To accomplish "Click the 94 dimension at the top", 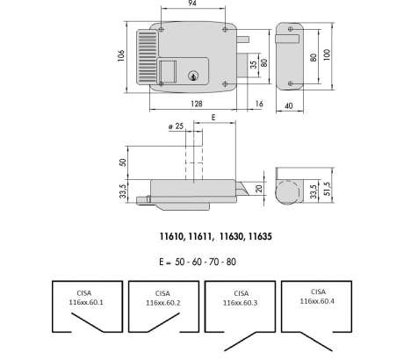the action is pyautogui.click(x=192, y=3).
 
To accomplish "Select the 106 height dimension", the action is pyautogui.click(x=121, y=55).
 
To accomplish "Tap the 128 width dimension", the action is pyautogui.click(x=197, y=104).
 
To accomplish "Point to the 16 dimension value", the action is pyautogui.click(x=259, y=104).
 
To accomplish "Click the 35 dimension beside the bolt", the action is pyautogui.click(x=254, y=64).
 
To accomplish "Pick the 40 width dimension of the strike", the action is pyautogui.click(x=289, y=105).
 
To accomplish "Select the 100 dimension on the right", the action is pyautogui.click(x=327, y=54).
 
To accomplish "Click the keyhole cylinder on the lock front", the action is pyautogui.click(x=193, y=76).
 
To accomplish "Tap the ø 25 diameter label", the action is pyautogui.click(x=176, y=126).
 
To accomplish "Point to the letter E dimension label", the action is pyautogui.click(x=213, y=118).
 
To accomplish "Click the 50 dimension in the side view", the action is pyautogui.click(x=123, y=162).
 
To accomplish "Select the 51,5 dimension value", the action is pyautogui.click(x=328, y=189).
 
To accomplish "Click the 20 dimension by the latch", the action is pyautogui.click(x=259, y=188).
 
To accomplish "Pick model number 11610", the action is pyautogui.click(x=172, y=236).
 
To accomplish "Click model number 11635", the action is pyautogui.click(x=260, y=236).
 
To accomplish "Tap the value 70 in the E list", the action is pyautogui.click(x=213, y=262).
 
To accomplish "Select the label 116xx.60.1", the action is pyautogui.click(x=86, y=302).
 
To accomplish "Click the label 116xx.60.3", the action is pyautogui.click(x=240, y=303).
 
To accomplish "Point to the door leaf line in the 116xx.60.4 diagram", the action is pyautogui.click(x=316, y=342).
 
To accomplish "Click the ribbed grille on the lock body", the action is pyautogui.click(x=148, y=57).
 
